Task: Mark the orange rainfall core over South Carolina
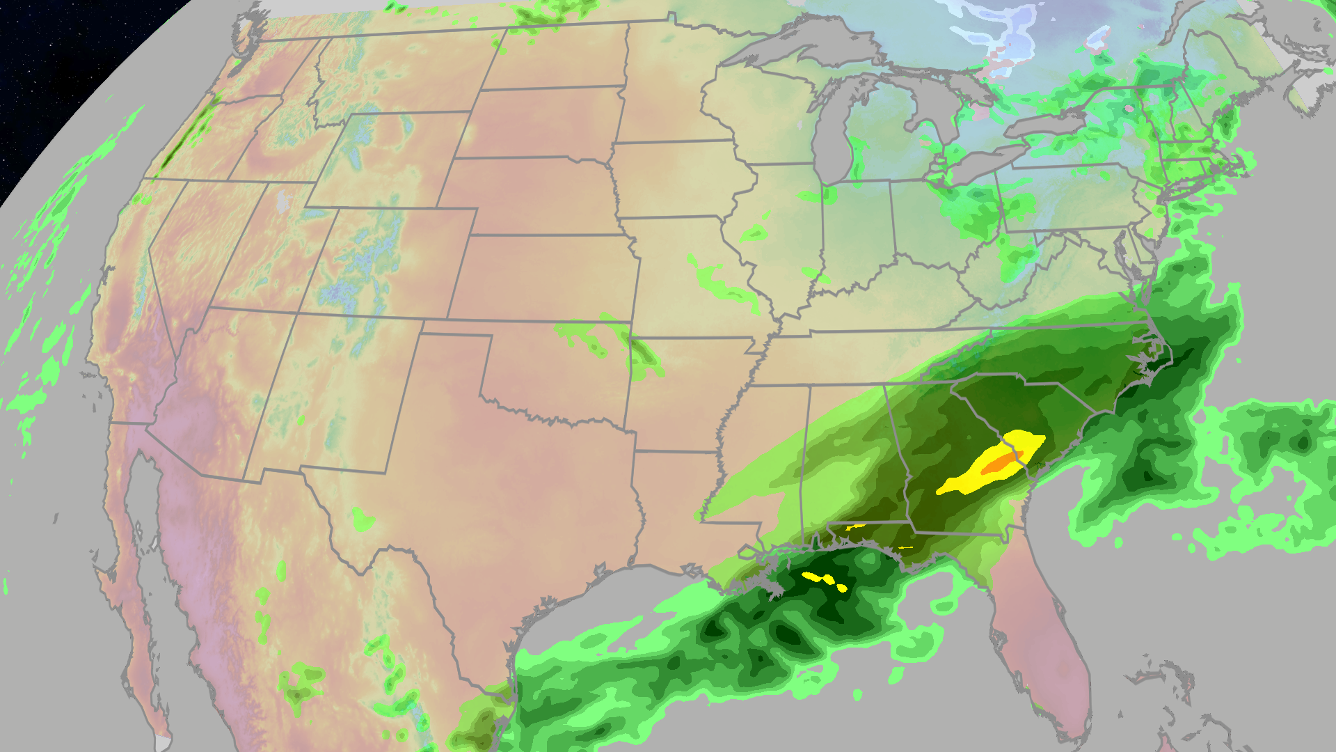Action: tap(1002, 462)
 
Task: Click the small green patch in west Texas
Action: tap(362, 519)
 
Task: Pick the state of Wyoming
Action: tap(390, 160)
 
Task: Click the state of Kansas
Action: tap(543, 279)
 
